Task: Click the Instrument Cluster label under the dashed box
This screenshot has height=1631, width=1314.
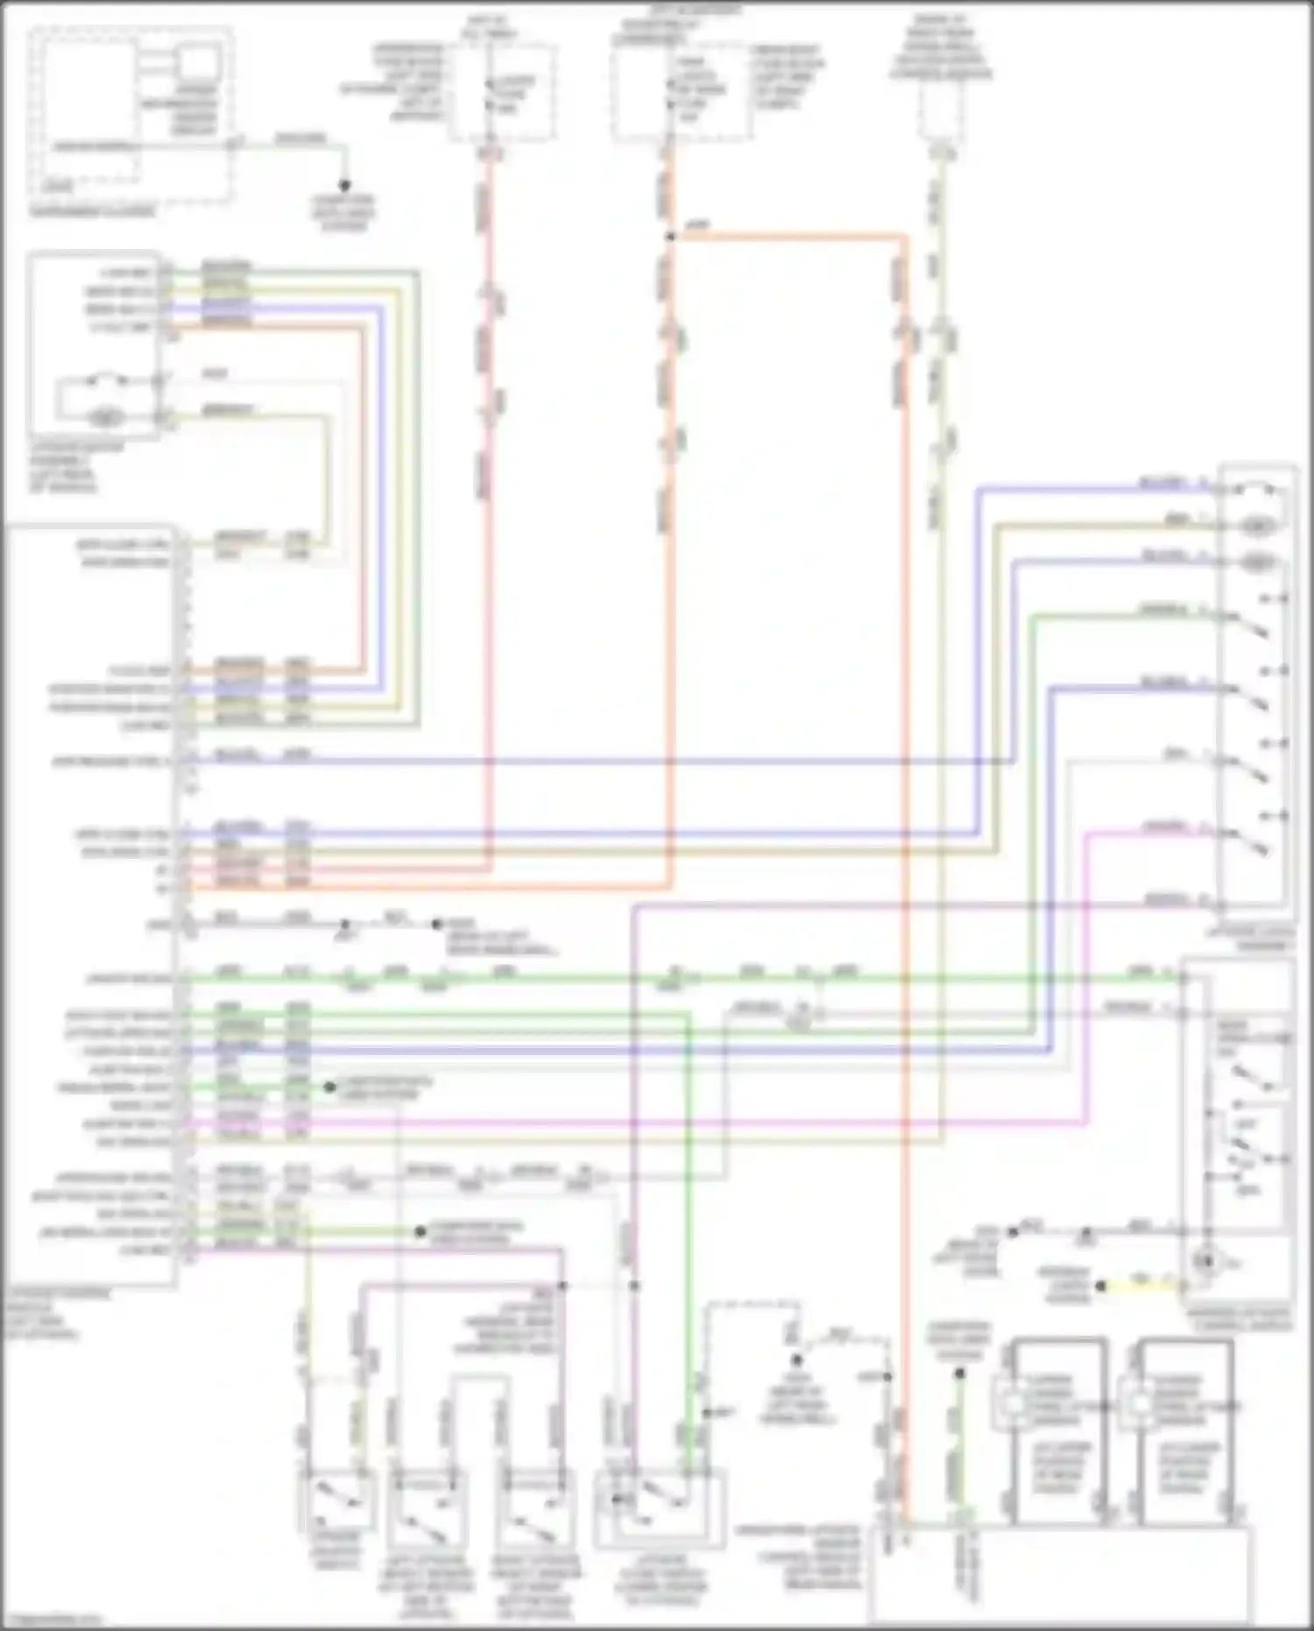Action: click(x=93, y=211)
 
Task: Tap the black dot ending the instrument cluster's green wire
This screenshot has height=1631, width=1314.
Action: click(x=344, y=186)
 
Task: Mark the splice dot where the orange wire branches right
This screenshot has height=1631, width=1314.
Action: click(x=670, y=237)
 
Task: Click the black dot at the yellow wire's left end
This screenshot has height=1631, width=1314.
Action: click(x=1102, y=1287)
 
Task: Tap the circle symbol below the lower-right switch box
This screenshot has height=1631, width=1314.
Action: click(x=1207, y=1262)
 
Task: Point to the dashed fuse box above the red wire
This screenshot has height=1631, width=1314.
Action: click(x=502, y=92)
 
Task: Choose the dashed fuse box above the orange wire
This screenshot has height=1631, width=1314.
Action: click(x=682, y=92)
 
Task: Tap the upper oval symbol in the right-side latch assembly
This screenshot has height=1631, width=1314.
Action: click(x=1259, y=526)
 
